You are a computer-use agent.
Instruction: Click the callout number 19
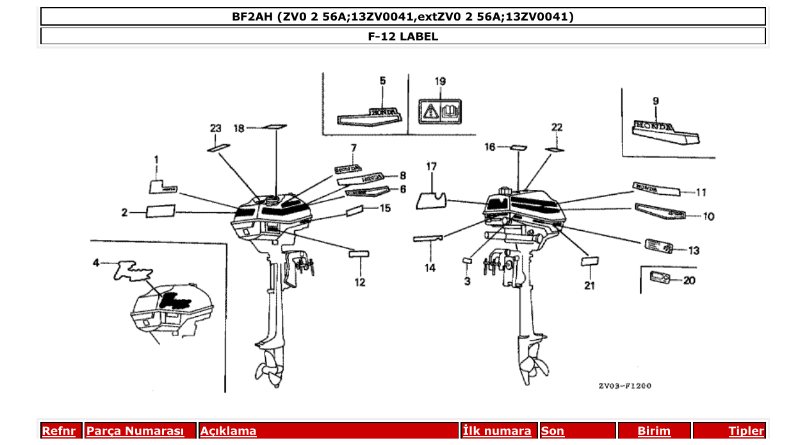[440, 81]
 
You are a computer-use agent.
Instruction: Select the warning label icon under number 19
[440, 111]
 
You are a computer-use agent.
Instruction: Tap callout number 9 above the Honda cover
[655, 101]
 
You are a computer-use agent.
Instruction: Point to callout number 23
[215, 128]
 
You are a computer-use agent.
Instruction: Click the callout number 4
[96, 262]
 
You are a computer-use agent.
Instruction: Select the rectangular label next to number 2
[160, 212]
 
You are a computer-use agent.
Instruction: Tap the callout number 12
[359, 281]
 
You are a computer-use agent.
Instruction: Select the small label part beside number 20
[659, 277]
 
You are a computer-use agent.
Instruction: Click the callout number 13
[694, 251]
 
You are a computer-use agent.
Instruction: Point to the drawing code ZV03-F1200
[625, 386]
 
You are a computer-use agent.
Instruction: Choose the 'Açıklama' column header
[229, 431]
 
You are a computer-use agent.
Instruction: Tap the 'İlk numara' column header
[496, 431]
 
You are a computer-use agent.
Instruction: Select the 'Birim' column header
[653, 431]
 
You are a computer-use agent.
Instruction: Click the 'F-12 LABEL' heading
[403, 37]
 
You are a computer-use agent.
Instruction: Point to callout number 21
[589, 285]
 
